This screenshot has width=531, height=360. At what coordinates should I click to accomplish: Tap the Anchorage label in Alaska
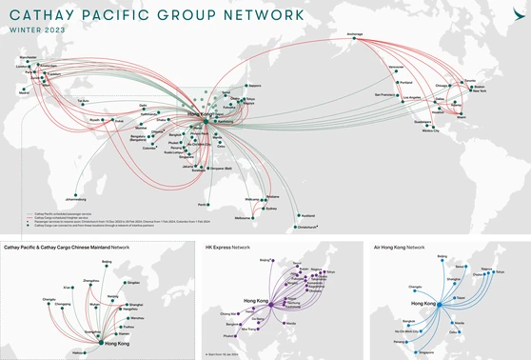pos(355,34)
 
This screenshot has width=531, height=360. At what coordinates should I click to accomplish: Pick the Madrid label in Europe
pos(24,92)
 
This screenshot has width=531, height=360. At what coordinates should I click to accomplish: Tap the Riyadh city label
pos(94,120)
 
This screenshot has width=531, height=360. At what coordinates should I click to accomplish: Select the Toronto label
pos(468,81)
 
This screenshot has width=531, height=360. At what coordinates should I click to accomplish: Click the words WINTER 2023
pos(37,30)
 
